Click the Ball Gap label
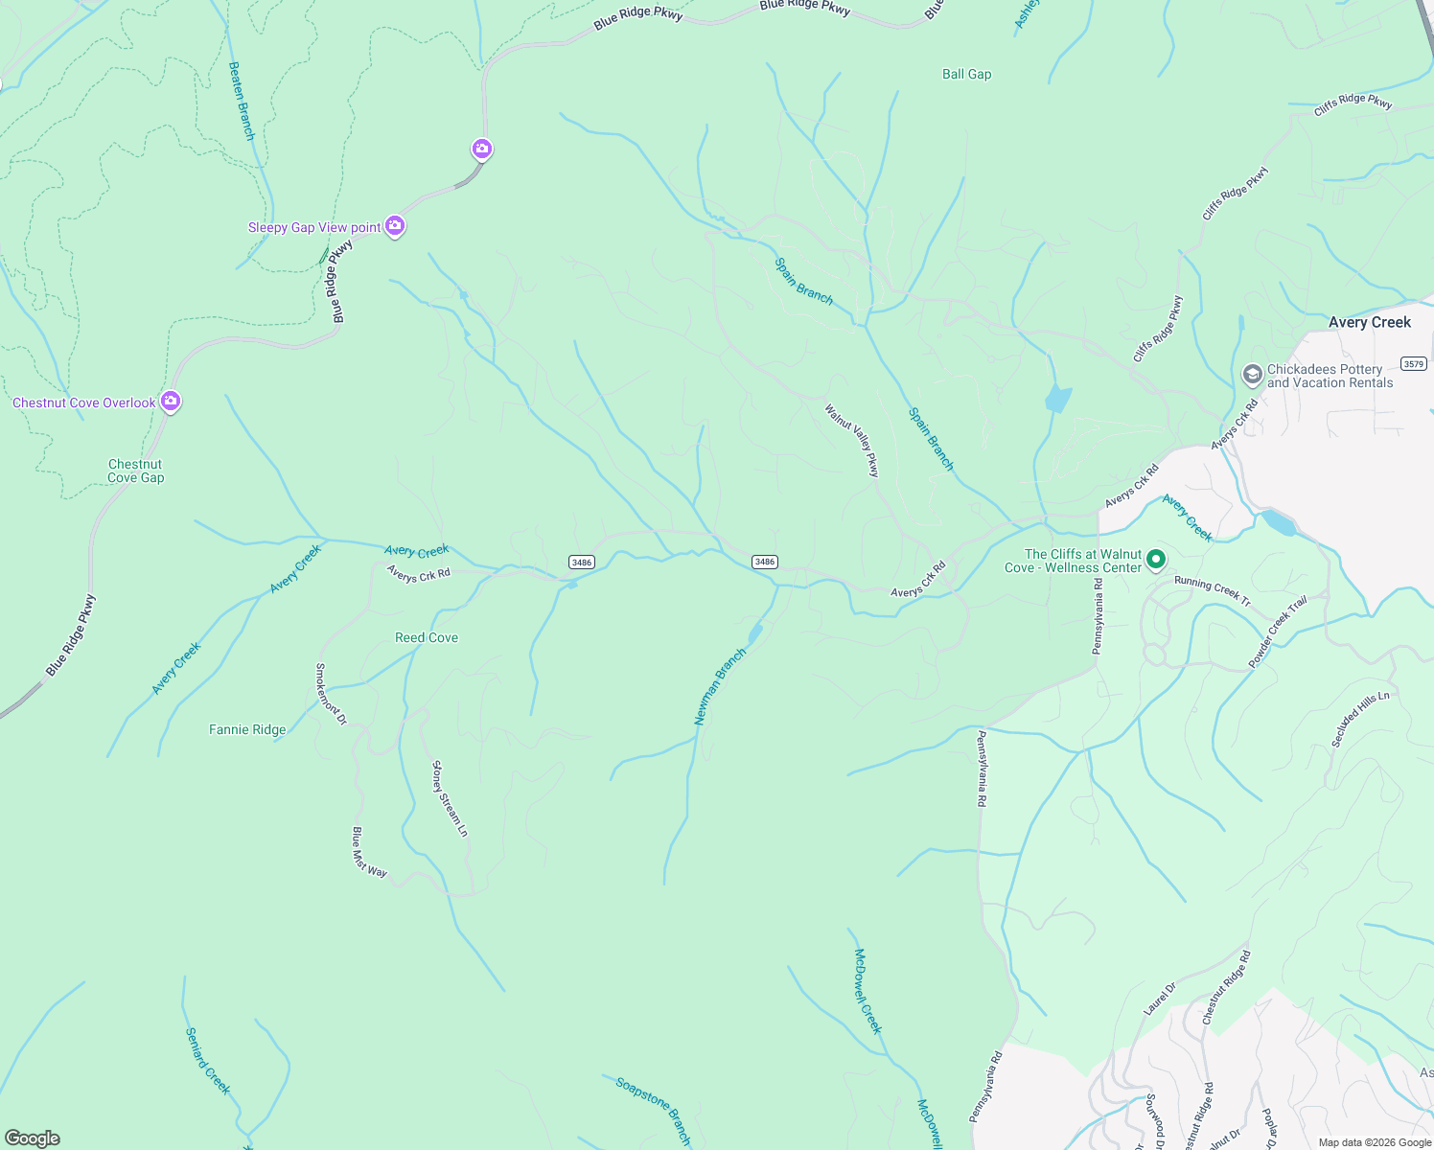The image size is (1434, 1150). point(966,74)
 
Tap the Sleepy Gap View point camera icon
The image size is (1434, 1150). point(395,226)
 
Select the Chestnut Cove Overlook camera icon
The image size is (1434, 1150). point(171,402)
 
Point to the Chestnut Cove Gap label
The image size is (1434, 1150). point(135,471)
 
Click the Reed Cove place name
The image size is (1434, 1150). point(427,637)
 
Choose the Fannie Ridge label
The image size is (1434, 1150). point(247,729)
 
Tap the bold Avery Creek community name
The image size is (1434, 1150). point(1369,322)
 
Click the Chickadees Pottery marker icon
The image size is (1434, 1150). point(1252,375)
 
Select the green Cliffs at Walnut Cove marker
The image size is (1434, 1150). point(1157,560)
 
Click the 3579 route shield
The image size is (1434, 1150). point(1413,363)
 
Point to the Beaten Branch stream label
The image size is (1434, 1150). point(242,102)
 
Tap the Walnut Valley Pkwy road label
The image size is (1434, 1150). point(852,440)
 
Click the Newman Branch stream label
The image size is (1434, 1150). point(720,686)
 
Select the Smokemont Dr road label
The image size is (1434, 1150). point(332,694)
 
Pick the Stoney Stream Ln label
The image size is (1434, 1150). point(450,798)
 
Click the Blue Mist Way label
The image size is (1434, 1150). point(369,852)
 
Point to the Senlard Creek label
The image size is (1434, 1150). point(208,1061)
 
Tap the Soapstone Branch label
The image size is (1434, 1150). point(653,1110)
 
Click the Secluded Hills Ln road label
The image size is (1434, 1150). point(1360,719)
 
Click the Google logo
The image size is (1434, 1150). point(33,1138)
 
